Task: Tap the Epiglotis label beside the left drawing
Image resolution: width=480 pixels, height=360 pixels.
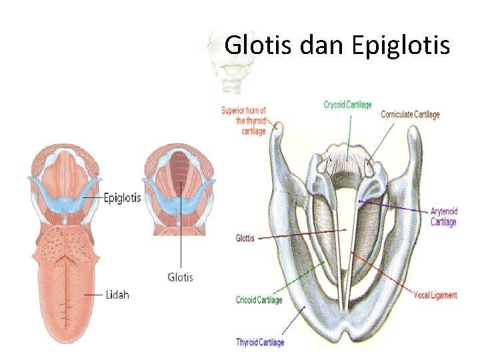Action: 121,198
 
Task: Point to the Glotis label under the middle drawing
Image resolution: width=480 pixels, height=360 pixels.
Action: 180,276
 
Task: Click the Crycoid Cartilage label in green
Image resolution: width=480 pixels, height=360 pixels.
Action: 347,105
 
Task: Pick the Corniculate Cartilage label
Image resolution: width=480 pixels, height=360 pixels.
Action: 410,115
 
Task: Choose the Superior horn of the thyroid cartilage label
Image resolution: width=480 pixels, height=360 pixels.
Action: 244,121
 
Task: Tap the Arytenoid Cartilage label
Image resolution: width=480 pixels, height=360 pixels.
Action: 443,217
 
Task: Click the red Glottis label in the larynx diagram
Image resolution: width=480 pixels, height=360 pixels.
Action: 245,238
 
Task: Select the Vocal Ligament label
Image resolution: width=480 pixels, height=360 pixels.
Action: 434,294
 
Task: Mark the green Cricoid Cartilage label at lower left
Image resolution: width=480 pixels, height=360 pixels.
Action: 259,300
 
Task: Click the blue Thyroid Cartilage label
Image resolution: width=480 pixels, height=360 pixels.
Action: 259,342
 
